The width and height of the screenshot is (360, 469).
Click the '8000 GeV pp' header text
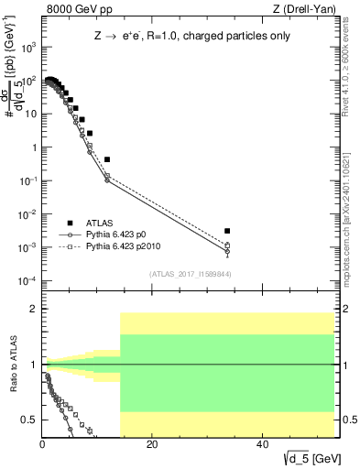coord(73,9)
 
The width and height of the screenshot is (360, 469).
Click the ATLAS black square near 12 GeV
coord(107,159)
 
